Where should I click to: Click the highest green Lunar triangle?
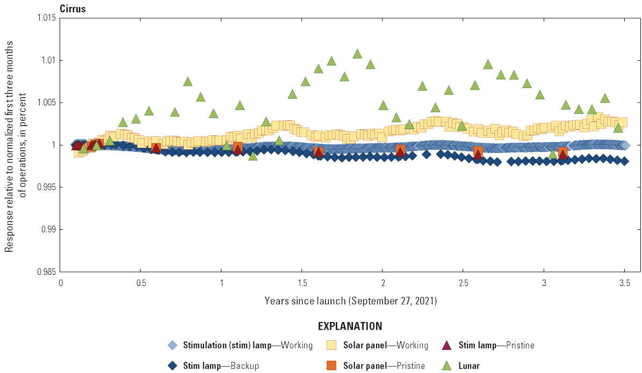click(357, 54)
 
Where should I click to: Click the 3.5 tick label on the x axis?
click(624, 283)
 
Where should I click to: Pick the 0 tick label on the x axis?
click(61, 283)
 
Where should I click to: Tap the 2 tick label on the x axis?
click(383, 283)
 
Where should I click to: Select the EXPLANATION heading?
click(350, 326)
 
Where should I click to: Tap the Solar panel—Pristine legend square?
click(333, 365)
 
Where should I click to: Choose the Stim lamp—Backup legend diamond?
click(172, 365)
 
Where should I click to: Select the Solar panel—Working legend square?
click(333, 345)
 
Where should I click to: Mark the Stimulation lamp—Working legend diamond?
click(172, 345)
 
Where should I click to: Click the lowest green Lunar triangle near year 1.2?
click(253, 156)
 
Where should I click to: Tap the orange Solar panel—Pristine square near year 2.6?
click(478, 151)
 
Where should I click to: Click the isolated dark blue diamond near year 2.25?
click(427, 155)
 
